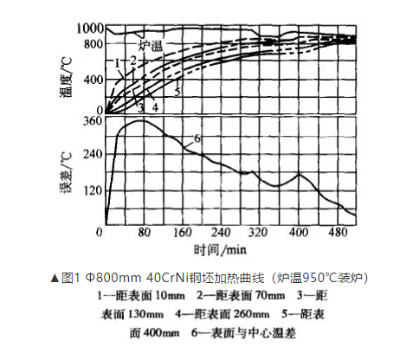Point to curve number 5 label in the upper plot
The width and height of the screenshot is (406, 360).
(177, 91)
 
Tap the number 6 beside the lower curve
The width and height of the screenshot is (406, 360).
(196, 138)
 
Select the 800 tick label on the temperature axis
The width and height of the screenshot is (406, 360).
(92, 42)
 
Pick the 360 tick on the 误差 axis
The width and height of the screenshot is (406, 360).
(92, 121)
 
